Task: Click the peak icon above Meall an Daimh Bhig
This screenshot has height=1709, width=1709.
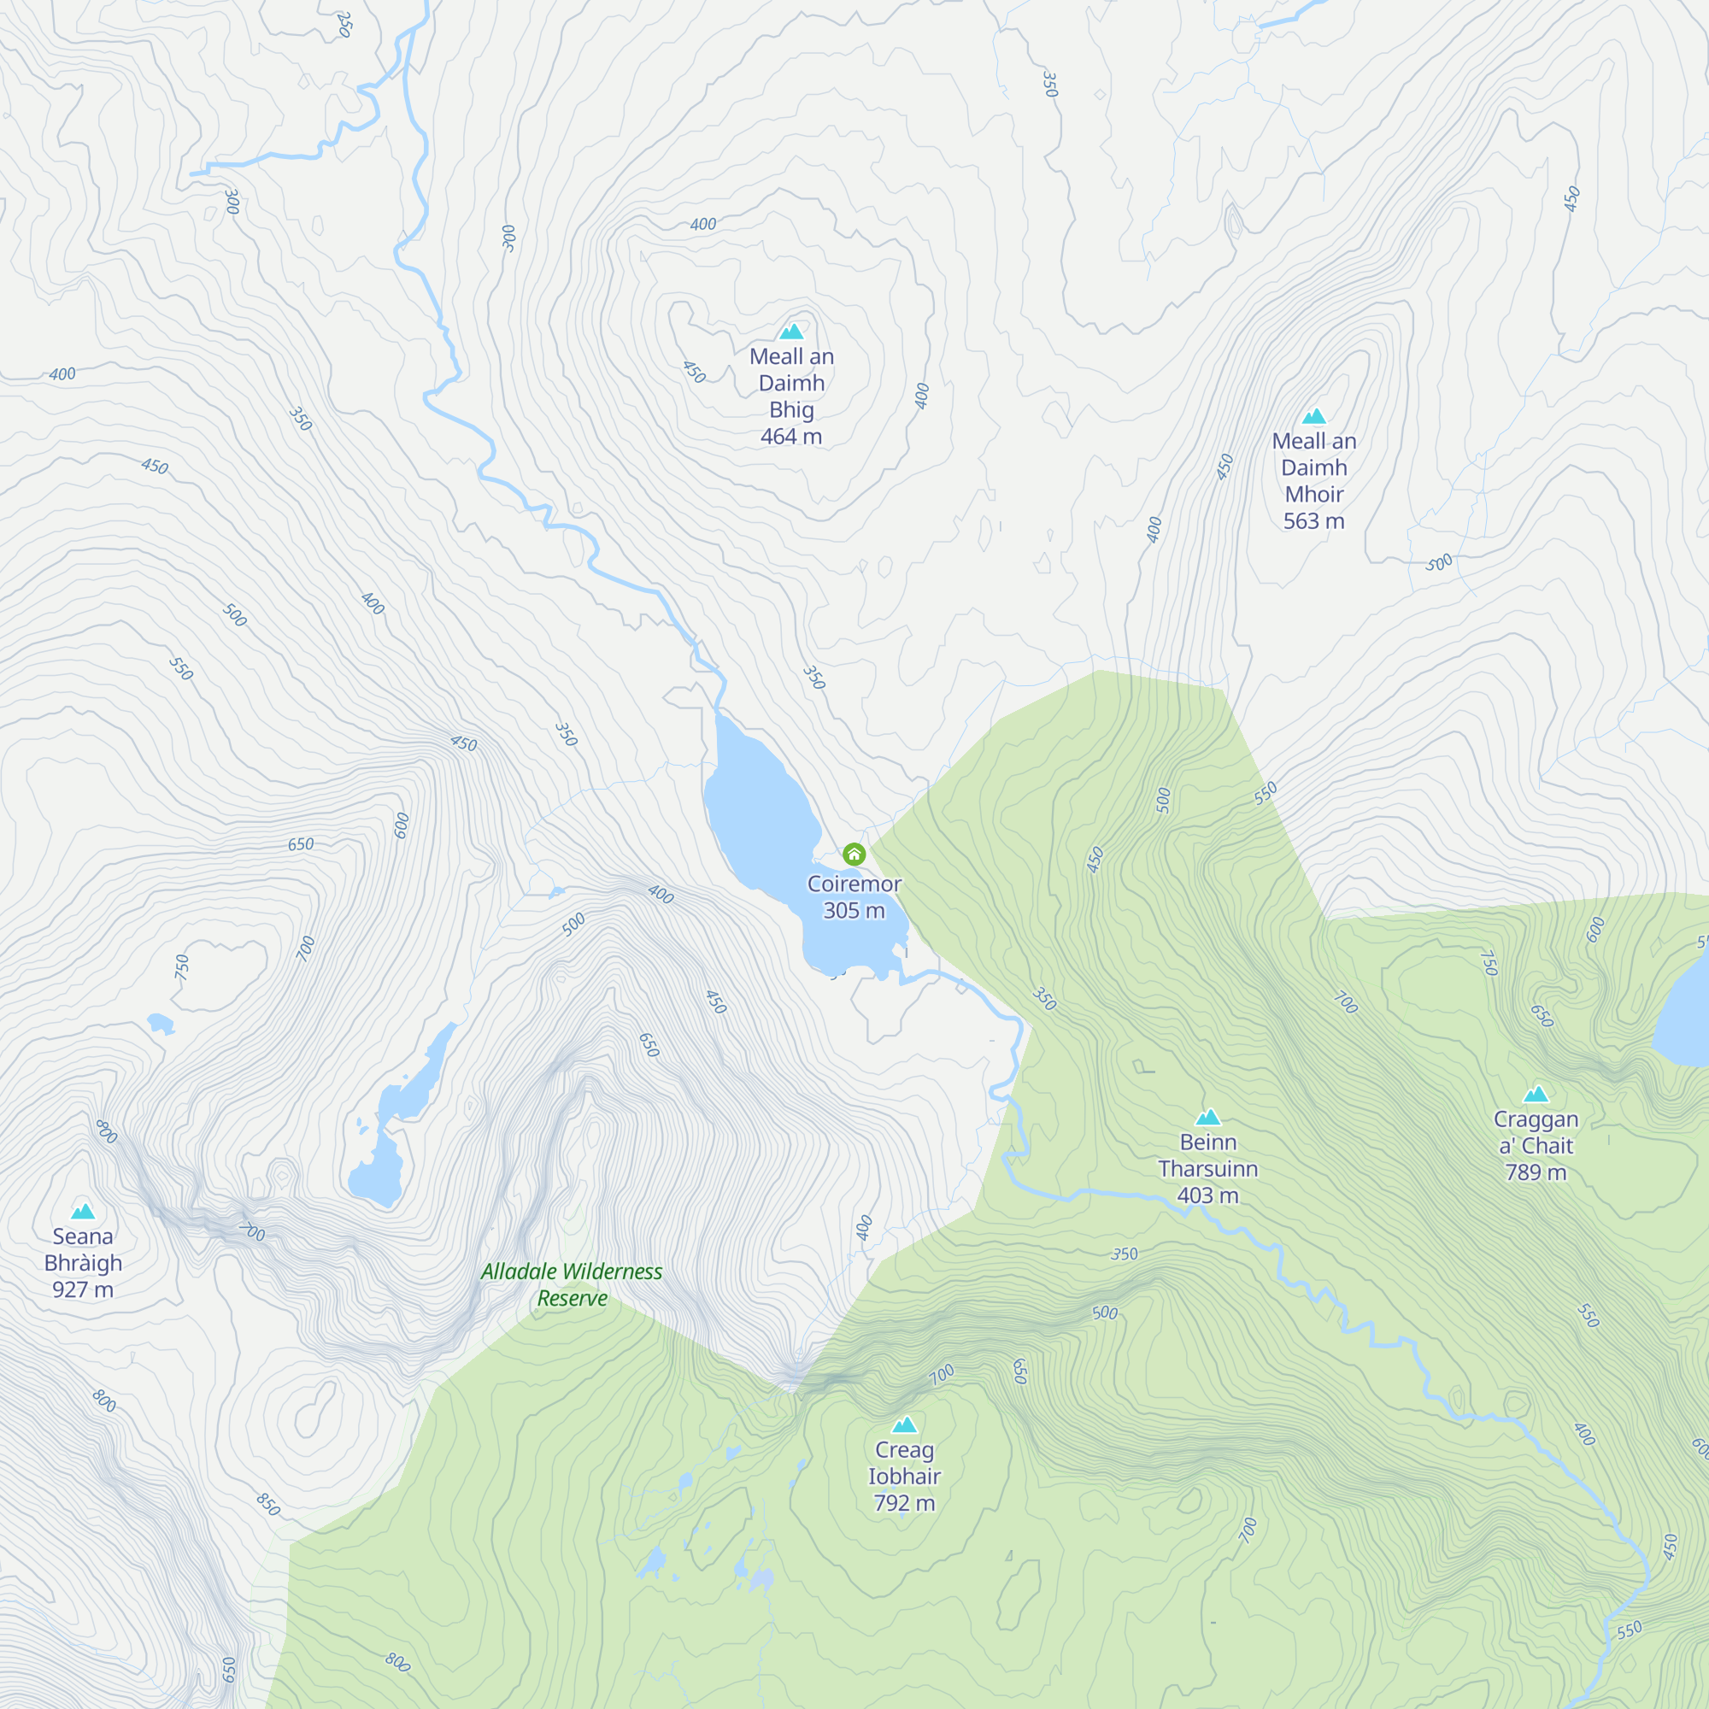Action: pyautogui.click(x=792, y=332)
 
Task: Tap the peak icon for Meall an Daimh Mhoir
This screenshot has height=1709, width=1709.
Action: pyautogui.click(x=1313, y=417)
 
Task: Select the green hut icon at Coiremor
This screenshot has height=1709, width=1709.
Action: pyautogui.click(x=854, y=854)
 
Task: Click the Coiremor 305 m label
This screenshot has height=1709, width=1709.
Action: pyautogui.click(x=854, y=897)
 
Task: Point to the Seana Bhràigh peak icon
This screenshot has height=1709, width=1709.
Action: pyautogui.click(x=82, y=1211)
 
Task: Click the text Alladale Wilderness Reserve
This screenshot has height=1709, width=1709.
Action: pyautogui.click(x=572, y=1284)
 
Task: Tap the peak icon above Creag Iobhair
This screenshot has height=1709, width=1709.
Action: pyautogui.click(x=904, y=1425)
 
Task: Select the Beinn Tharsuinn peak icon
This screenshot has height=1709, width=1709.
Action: pyautogui.click(x=1207, y=1117)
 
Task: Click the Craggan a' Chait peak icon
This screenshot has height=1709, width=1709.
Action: pyautogui.click(x=1536, y=1095)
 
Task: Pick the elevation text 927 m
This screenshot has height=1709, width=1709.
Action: pyautogui.click(x=82, y=1289)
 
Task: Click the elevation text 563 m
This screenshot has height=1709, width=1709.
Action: pyautogui.click(x=1313, y=521)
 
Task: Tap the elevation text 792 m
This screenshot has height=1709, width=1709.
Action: pyautogui.click(x=904, y=1503)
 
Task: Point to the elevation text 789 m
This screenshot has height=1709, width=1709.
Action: pyautogui.click(x=1536, y=1172)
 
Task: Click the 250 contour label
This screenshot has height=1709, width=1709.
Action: pyautogui.click(x=345, y=24)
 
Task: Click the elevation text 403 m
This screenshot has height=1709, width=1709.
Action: pyautogui.click(x=1207, y=1195)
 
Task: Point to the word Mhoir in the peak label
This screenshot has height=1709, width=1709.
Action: pyautogui.click(x=1313, y=495)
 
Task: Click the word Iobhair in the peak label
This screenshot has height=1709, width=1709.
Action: pyautogui.click(x=904, y=1477)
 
